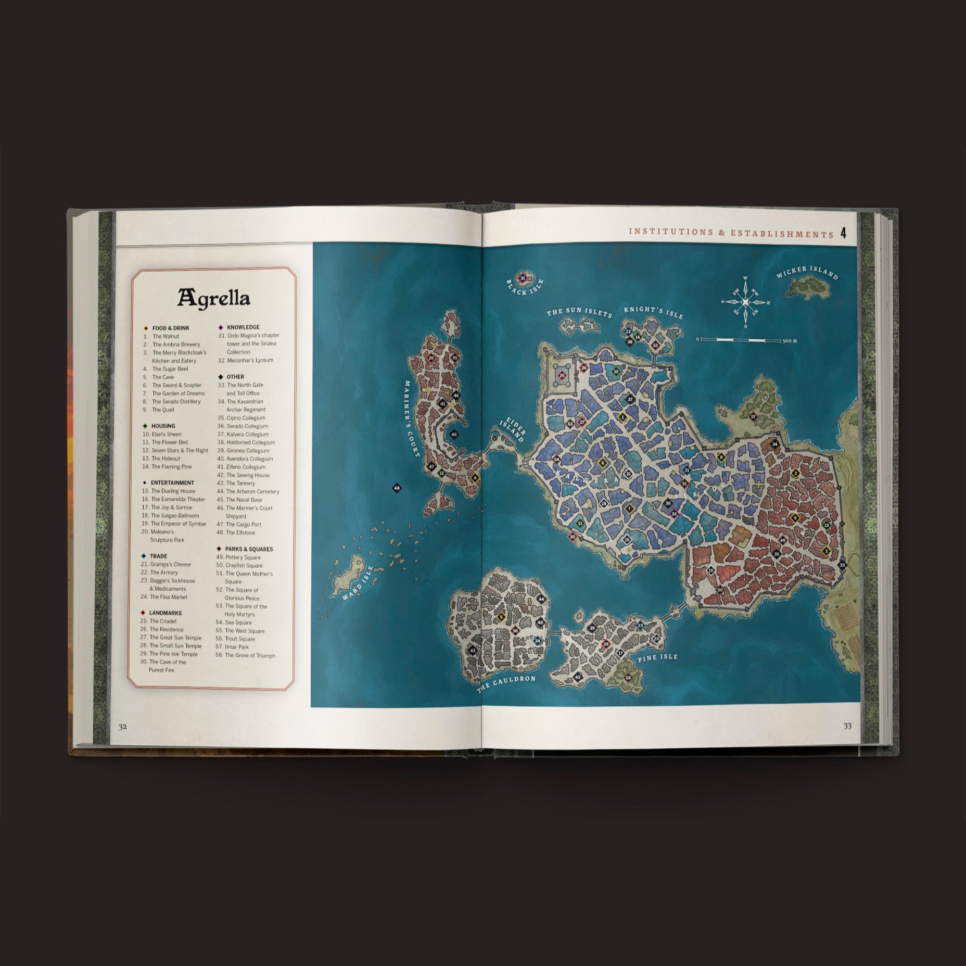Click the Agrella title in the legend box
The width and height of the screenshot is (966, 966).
coord(214,298)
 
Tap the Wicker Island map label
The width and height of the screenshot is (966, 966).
coord(807,273)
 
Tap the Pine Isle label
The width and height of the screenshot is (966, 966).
coord(658,657)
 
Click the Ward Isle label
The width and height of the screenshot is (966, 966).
coord(358,583)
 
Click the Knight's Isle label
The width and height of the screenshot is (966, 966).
coord(653,312)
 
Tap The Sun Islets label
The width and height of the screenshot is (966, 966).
coord(579,312)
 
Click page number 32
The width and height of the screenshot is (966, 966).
coord(122,727)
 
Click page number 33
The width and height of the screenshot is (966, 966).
coord(847,726)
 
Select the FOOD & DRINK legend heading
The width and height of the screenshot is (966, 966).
coord(171,328)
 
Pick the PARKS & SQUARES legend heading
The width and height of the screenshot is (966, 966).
coord(249,549)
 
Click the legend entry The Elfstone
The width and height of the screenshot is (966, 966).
coord(240,532)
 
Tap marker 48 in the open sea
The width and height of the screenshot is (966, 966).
coord(397,488)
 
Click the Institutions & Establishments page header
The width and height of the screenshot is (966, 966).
coord(731,233)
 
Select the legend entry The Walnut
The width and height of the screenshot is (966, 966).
coord(166,336)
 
